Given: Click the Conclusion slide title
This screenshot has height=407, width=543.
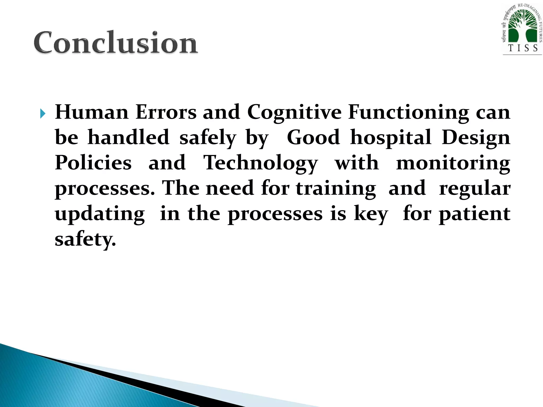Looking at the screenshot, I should coord(116,42).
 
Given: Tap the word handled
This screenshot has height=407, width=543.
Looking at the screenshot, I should coord(128,137).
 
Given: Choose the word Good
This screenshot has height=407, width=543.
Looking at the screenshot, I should coord(313,137).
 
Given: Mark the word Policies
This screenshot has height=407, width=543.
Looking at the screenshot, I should coord(93,163).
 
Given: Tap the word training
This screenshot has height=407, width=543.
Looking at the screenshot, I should coord(336,188).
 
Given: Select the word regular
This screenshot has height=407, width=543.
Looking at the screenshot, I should coord(475,188).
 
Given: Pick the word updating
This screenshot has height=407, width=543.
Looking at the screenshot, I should coord(100,214).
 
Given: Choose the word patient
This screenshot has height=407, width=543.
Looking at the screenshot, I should coord(475,214).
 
